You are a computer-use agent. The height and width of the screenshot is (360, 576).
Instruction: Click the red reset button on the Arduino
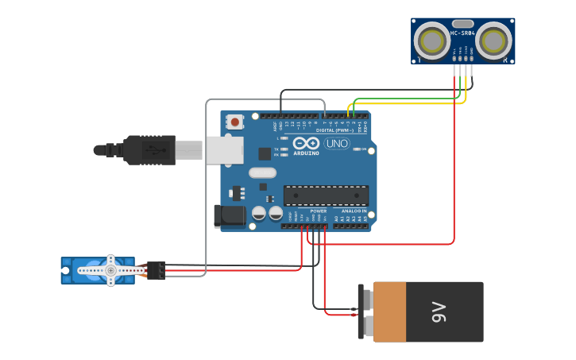coord(235,122)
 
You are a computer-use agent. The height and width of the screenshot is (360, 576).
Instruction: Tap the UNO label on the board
coord(336,143)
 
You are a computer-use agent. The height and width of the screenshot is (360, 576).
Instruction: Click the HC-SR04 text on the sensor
coord(462,33)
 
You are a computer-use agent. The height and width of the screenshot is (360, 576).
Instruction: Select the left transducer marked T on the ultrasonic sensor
coord(433,40)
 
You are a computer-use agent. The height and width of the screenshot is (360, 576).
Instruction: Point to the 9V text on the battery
coord(438,312)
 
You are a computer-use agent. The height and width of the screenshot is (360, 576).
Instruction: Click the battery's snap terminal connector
coord(365,312)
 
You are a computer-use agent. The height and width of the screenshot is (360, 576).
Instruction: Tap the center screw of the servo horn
coord(110,271)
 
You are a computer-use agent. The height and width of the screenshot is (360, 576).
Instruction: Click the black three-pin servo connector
coord(156,270)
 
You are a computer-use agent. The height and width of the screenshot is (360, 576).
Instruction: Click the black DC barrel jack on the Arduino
coord(230,215)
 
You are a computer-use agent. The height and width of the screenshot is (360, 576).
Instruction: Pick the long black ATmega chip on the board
coord(326,195)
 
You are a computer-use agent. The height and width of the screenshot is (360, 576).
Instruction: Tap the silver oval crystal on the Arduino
coord(262,172)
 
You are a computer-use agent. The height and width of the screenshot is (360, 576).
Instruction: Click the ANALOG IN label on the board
coord(354,211)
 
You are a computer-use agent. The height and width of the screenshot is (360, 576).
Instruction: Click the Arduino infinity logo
coord(306,144)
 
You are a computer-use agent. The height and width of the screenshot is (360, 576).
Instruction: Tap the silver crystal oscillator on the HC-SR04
coord(462,24)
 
